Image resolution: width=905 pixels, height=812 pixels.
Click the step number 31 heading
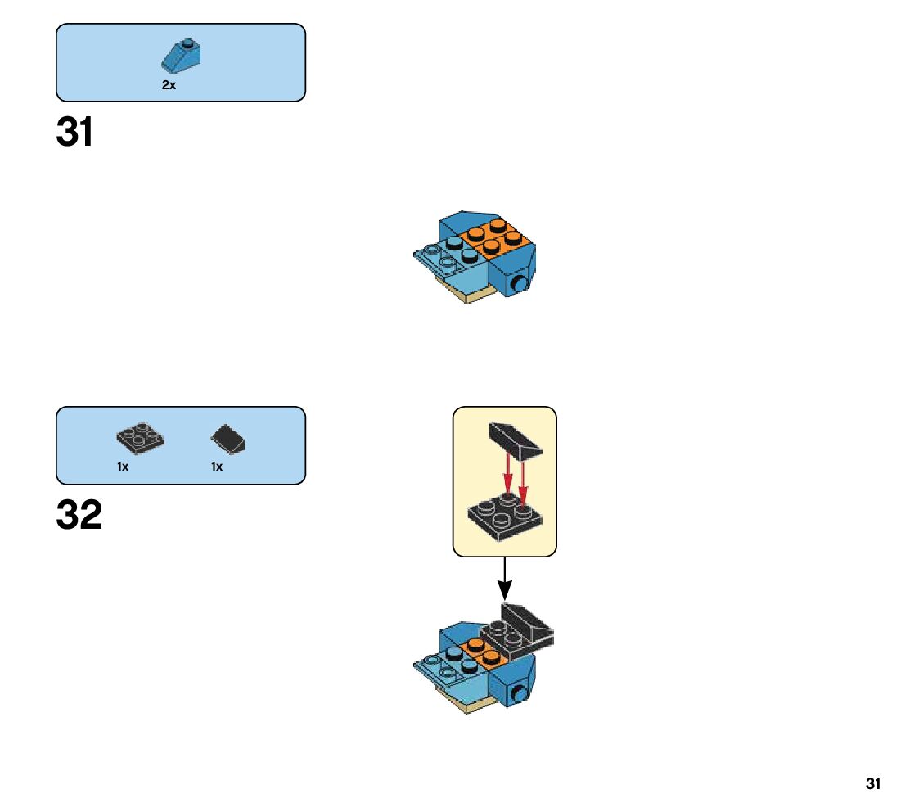point(74,133)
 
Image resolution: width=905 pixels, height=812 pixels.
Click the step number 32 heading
point(79,516)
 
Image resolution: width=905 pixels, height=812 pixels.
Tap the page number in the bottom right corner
point(873,784)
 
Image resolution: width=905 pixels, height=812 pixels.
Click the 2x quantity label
point(169,85)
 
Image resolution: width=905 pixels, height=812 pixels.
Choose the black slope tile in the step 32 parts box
point(230,440)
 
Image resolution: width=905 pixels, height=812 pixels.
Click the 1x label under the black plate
point(123,467)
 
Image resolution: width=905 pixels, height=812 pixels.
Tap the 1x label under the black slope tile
point(217,467)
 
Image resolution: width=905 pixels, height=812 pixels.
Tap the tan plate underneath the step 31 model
point(467,295)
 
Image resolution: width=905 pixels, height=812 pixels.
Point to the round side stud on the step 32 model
point(518,695)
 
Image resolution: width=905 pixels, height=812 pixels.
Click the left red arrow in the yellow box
point(508,474)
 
